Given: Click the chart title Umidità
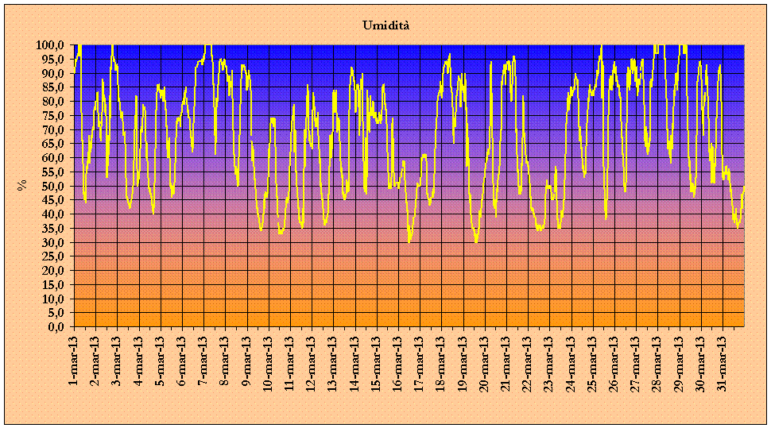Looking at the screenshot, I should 386,26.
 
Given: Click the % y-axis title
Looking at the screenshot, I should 22,186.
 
